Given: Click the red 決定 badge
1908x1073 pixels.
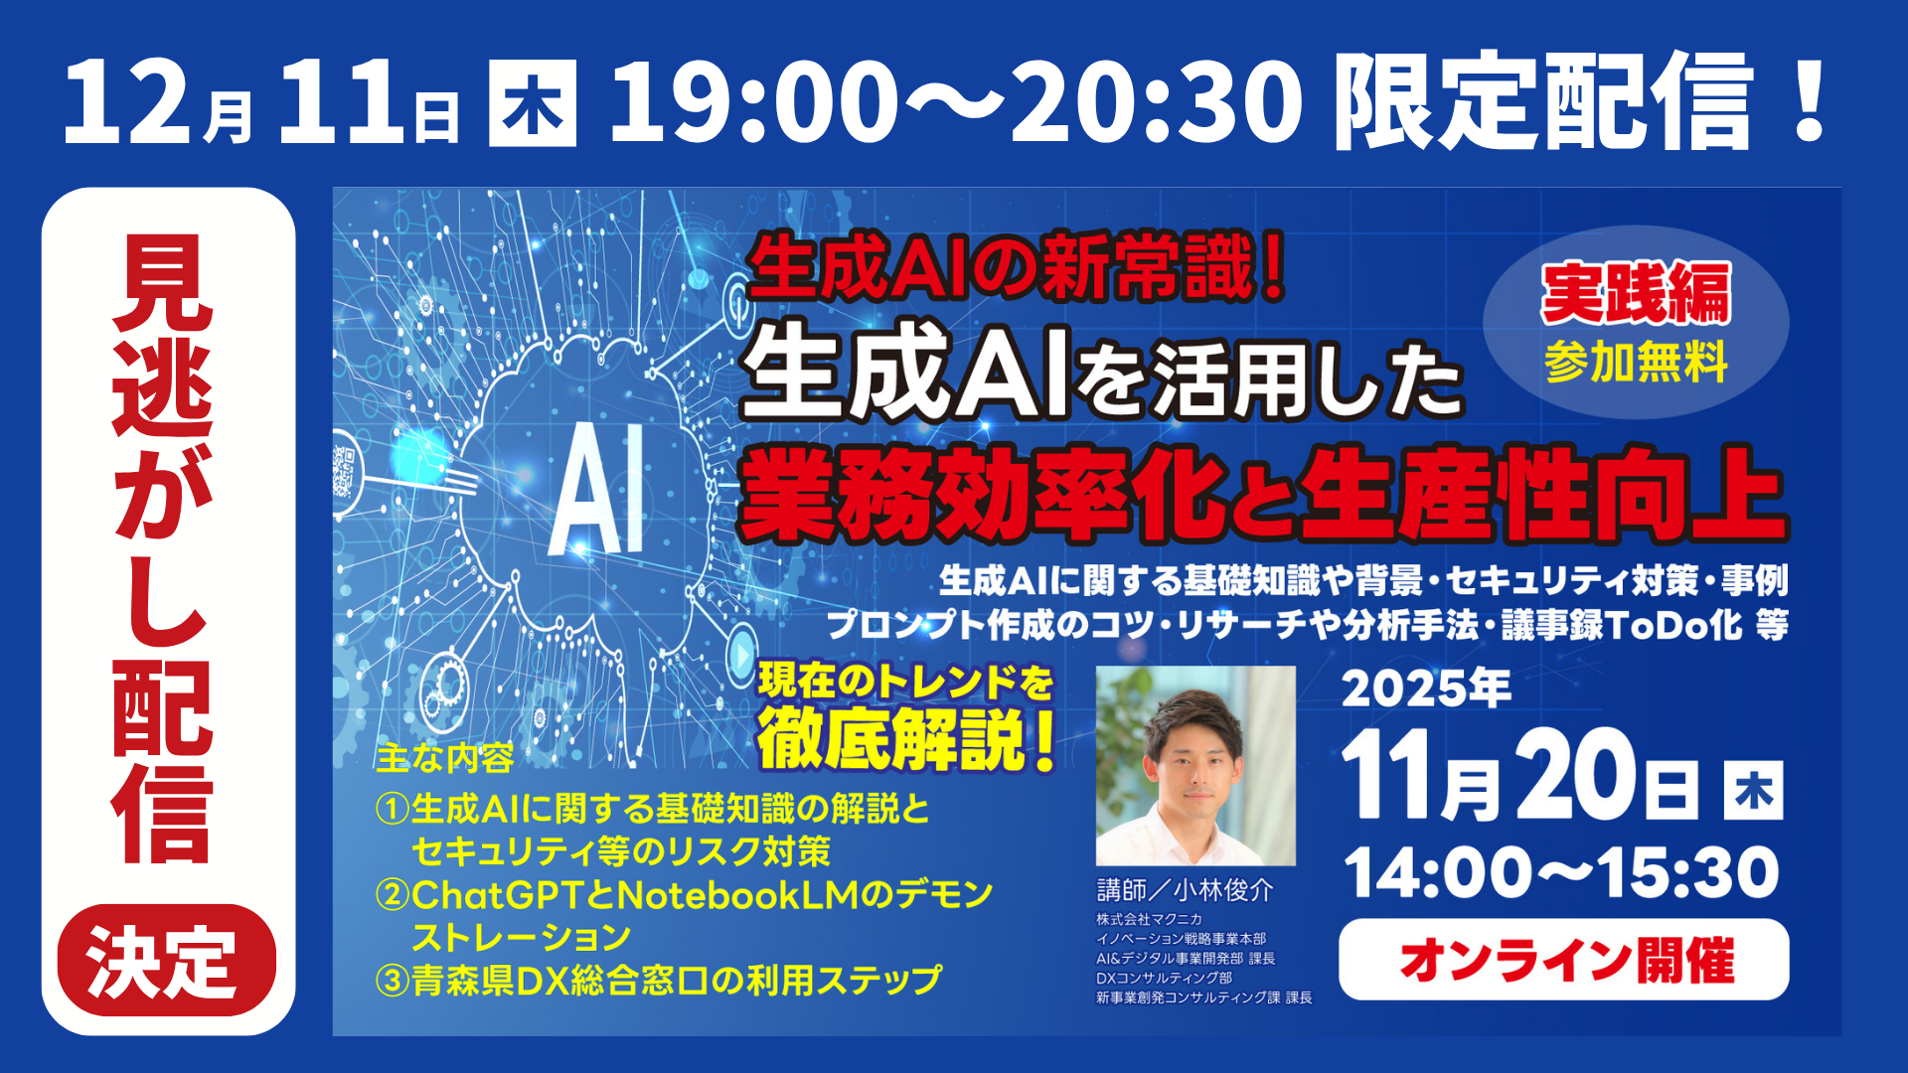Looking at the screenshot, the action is (x=166, y=960).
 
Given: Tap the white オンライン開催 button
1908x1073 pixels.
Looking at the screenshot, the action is (x=1563, y=960).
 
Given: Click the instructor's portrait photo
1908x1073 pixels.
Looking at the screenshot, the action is (x=1195, y=765).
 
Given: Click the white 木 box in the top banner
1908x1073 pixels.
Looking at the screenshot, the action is (x=533, y=103).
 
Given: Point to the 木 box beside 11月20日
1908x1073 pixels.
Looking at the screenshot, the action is (x=1753, y=791).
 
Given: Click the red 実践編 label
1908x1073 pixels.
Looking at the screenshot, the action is (x=1636, y=293).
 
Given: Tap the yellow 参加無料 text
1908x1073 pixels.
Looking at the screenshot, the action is (x=1636, y=362).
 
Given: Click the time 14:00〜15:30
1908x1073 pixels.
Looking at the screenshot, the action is (x=1561, y=872).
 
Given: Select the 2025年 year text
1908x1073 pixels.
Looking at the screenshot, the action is (x=1426, y=688).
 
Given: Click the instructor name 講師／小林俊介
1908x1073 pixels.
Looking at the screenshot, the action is (x=1185, y=889).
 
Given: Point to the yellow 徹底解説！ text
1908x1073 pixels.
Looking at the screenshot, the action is (x=906, y=740).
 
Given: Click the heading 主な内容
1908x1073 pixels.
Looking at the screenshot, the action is (x=444, y=758).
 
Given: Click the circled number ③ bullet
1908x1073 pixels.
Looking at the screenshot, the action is (x=393, y=981).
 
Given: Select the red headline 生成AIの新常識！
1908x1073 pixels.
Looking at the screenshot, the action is (x=1017, y=266).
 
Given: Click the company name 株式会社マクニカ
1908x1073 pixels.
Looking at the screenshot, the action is (x=1149, y=919).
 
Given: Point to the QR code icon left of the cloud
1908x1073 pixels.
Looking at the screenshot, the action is (x=344, y=470).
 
